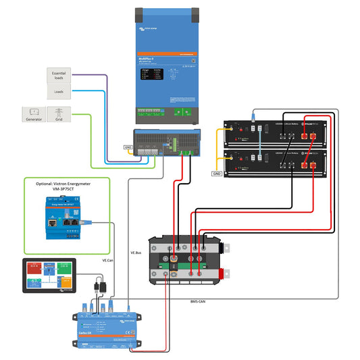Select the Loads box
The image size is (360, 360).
(x=59, y=91)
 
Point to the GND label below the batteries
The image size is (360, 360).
(x=216, y=174)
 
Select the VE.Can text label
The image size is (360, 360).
(x=107, y=259)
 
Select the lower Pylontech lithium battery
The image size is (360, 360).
(x=278, y=163)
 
